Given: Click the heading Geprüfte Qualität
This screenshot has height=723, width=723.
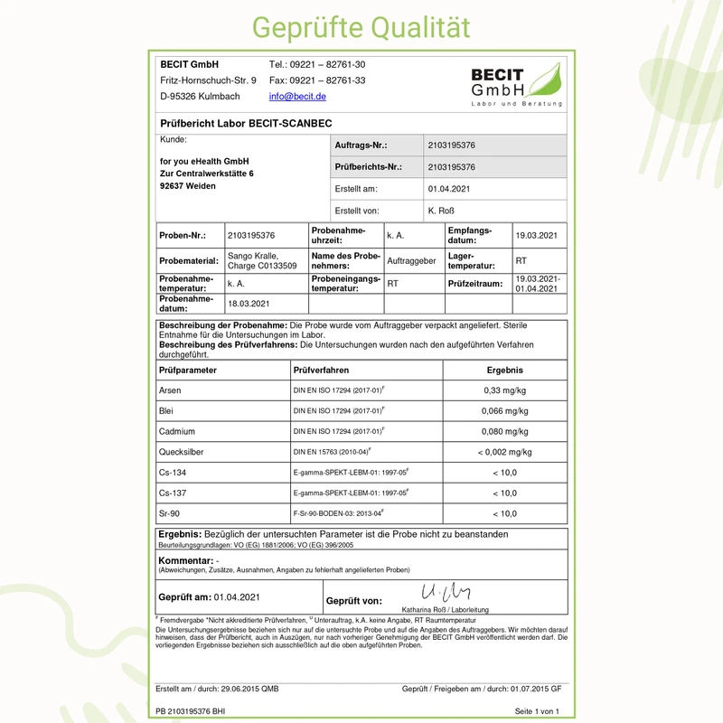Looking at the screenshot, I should pos(361,26).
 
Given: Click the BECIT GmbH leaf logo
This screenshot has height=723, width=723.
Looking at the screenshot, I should pos(516,86).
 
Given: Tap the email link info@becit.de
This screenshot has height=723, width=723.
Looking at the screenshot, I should pos(297,96).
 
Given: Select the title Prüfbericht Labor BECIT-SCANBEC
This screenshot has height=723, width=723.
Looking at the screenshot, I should pos(247,122).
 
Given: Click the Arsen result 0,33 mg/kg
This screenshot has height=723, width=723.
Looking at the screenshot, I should pos(505,390).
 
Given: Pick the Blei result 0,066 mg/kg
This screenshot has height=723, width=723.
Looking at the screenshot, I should pos(505,410).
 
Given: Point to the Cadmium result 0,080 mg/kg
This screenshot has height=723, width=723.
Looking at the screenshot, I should pos(505,431).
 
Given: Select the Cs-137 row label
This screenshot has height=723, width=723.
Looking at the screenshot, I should pos(173,493).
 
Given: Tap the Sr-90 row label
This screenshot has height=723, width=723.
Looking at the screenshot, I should pos(169,513).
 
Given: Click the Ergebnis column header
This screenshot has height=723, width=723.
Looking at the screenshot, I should pos(505,370).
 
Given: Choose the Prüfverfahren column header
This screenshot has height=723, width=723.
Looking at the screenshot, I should pos(321,370).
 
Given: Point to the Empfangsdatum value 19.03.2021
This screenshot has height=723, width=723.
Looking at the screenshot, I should pos(536,235).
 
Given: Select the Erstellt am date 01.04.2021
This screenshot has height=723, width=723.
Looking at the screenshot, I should pos(450,190).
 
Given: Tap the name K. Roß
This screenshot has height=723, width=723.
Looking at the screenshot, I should pos(441,211).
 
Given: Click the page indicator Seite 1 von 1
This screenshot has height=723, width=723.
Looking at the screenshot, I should pos(537,711).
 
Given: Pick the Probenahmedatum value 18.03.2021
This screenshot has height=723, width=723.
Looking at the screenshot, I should pos(249,304).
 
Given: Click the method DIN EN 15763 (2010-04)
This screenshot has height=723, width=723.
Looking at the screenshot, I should pos(333,452).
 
